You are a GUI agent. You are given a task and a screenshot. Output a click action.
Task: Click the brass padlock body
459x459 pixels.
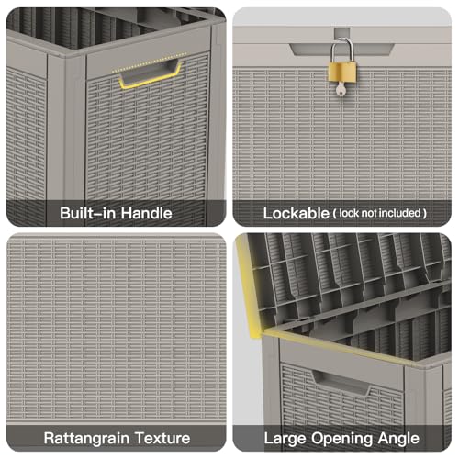pyautogui.click(x=342, y=72)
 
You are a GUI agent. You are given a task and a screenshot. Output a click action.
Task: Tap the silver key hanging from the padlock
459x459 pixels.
pyautogui.click(x=341, y=88)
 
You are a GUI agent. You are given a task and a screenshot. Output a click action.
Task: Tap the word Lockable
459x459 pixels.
pyautogui.click(x=297, y=213)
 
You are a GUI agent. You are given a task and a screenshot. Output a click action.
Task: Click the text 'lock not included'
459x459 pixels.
pyautogui.click(x=380, y=213)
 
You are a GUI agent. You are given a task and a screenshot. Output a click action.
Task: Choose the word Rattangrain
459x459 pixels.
pyautogui.click(x=86, y=438)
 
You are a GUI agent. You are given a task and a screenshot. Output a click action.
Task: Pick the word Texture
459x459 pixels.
pyautogui.click(x=162, y=438)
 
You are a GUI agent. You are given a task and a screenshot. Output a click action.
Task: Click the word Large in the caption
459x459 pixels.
pyautogui.click(x=285, y=439)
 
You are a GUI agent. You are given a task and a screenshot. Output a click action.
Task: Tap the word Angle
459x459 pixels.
pyautogui.click(x=398, y=439)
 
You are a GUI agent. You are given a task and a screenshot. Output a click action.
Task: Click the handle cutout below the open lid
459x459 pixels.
pyautogui.click(x=341, y=383)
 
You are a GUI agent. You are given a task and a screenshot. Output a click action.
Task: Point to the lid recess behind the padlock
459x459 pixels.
pyautogui.click(x=341, y=50)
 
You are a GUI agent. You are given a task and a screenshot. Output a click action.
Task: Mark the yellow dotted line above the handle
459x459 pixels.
pyautogui.click(x=149, y=62)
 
